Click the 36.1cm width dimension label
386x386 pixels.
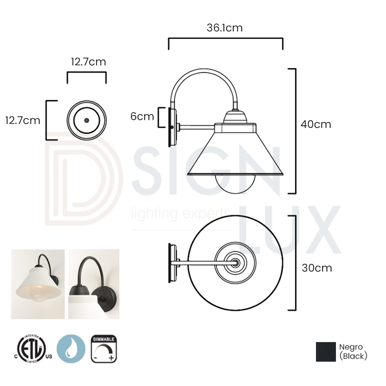coord(224,28)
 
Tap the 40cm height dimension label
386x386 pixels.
coord(316,124)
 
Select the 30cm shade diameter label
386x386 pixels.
coord(317,268)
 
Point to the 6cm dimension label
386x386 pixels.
coord(142,117)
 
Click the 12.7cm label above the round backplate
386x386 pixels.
coord(88,62)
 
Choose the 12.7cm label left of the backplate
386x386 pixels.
coord(23,120)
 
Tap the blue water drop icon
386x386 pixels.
coord(71,348)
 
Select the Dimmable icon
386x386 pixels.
coord(104,348)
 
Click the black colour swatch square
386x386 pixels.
coord(326,352)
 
